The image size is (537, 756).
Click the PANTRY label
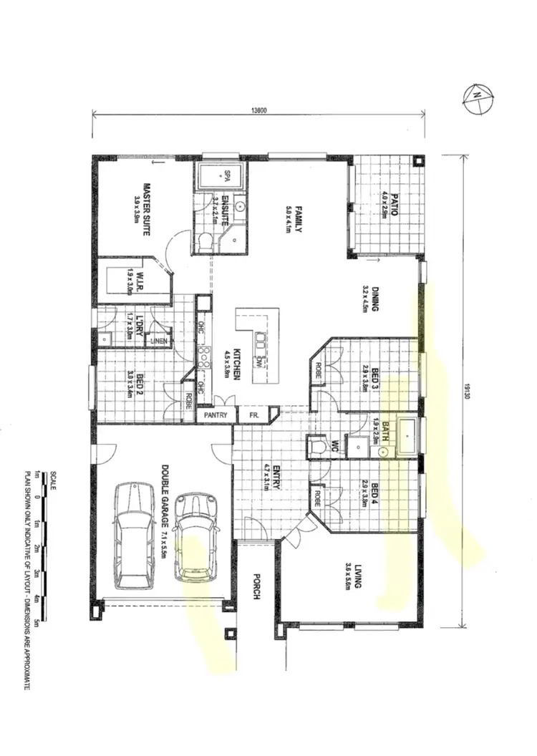[x=217, y=415]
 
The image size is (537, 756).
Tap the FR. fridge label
[x=253, y=415]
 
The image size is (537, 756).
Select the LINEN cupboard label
[x=159, y=341]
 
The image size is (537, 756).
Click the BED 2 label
[x=132, y=384]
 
